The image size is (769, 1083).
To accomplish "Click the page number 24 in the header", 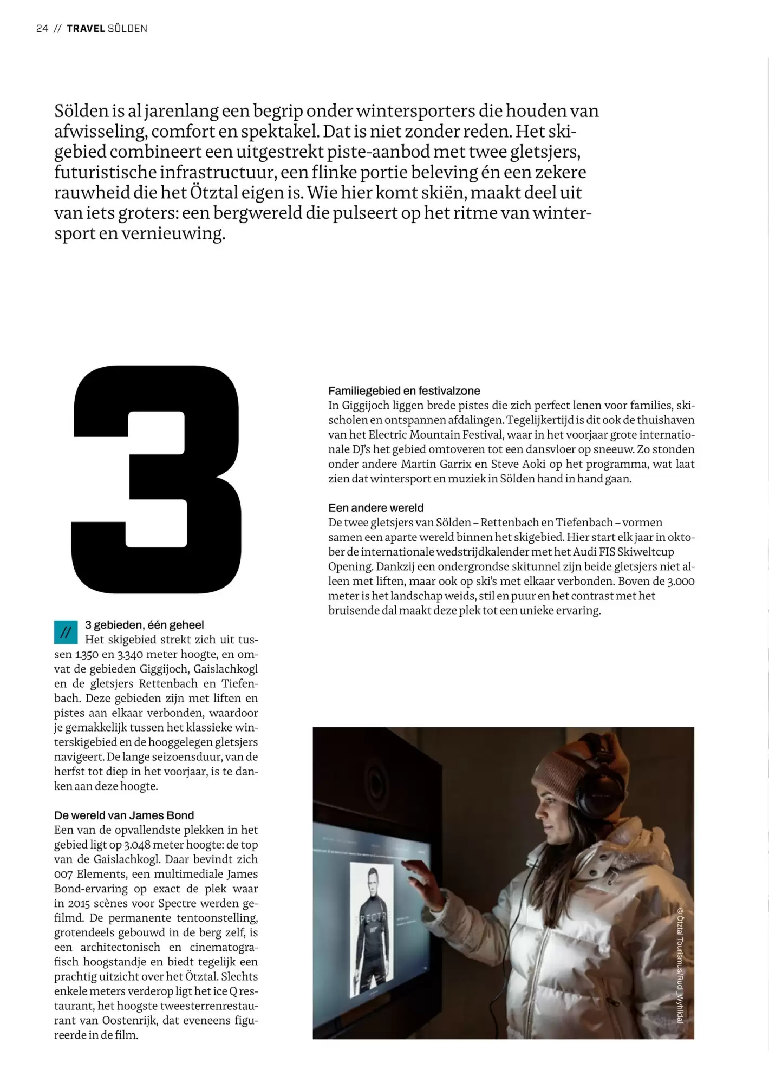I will pos(42,29).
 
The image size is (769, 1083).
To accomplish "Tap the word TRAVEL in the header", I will pos(86,29).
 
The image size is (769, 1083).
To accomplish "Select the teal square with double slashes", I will pos(66,632).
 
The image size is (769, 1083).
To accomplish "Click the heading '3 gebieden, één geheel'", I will pos(144,625).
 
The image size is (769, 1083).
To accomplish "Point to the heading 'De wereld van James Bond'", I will pos(124,815).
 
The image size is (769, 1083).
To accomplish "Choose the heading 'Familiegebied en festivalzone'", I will pos(404,391).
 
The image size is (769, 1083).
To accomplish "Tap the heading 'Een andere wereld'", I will pos(376,508).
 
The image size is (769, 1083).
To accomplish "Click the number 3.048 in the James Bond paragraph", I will pos(130,845).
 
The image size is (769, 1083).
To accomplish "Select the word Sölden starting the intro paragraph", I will pos(81,111).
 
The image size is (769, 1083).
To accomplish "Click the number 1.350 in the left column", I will pos(87,654).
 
